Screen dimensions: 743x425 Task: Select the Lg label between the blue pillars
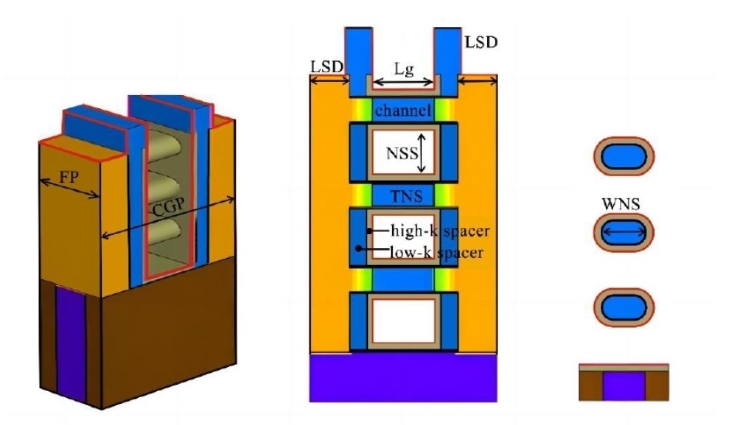pyautogui.click(x=404, y=70)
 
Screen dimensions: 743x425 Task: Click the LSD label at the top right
pyautogui.click(x=481, y=42)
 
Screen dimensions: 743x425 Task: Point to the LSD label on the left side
pyautogui.click(x=326, y=66)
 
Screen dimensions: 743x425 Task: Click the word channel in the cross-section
pyautogui.click(x=403, y=110)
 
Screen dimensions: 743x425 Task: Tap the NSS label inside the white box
pyautogui.click(x=402, y=153)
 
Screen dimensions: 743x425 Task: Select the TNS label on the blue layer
pyautogui.click(x=406, y=195)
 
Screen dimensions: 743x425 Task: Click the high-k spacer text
pyautogui.click(x=440, y=231)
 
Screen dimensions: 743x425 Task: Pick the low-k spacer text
pyautogui.click(x=436, y=252)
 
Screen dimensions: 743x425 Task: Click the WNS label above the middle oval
pyautogui.click(x=621, y=204)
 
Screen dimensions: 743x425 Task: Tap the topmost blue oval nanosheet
pyautogui.click(x=624, y=156)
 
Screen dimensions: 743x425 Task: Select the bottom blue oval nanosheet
pyautogui.click(x=624, y=308)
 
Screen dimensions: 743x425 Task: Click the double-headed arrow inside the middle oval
pyautogui.click(x=624, y=232)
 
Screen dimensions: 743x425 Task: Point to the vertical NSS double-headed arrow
pyautogui.click(x=421, y=152)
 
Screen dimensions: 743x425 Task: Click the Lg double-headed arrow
pyautogui.click(x=404, y=83)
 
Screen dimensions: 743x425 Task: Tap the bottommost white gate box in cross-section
pyautogui.click(x=404, y=320)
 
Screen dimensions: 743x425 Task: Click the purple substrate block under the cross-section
pyautogui.click(x=404, y=378)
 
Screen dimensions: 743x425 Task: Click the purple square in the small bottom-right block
pyautogui.click(x=624, y=386)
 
